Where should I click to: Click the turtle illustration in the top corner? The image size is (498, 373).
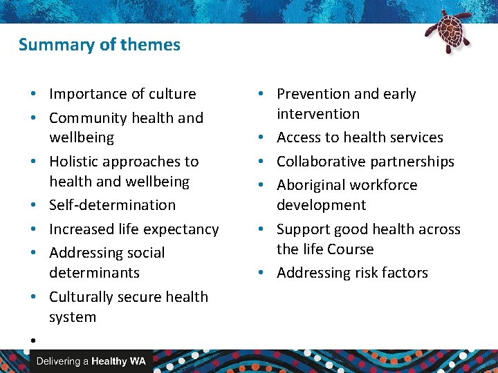pos(448,30)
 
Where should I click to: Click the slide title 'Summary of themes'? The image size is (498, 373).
pos(99,45)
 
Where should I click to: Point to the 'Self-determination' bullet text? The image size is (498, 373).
pos(112,205)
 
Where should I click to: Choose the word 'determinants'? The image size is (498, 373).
pos(94,273)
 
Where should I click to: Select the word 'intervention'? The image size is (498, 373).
pos(318,114)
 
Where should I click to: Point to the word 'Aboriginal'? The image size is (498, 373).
pos(309,185)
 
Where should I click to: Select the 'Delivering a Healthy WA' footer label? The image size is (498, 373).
pos(91,361)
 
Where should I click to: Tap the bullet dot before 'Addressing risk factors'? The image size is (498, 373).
pos(266,273)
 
